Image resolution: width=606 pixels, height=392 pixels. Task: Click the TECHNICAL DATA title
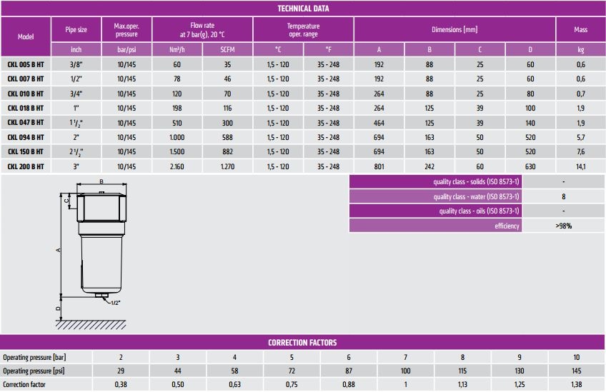pos(303,9)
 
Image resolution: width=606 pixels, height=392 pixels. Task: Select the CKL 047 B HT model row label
pos(26,123)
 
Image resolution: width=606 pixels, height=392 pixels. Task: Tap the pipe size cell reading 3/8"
pos(76,64)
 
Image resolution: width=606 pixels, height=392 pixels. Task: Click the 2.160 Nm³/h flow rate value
pos(177,166)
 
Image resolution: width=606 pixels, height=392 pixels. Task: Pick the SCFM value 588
pos(228,137)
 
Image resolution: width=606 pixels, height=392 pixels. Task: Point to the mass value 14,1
pos(581,166)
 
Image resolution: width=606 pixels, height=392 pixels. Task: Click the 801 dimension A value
pos(379,166)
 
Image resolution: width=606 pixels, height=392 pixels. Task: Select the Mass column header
pos(580,29)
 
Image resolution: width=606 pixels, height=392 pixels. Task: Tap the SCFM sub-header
pos(228,49)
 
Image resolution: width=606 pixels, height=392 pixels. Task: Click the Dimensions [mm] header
pos(454,29)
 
